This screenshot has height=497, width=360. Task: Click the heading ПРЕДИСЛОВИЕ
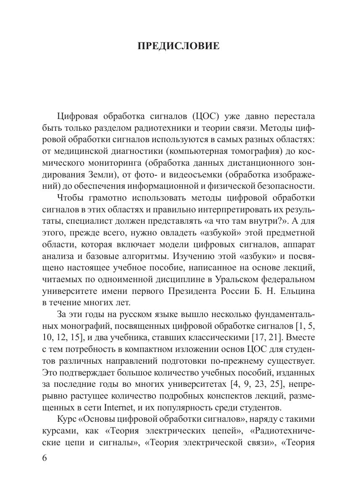[x=179, y=46]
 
